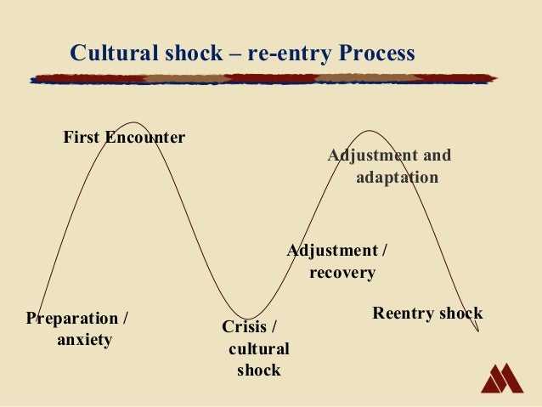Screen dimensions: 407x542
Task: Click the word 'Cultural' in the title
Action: point(110,54)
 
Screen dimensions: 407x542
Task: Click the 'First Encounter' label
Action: point(124,137)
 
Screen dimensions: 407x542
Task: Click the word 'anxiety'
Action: point(84,340)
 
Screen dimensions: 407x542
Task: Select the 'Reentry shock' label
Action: point(427,314)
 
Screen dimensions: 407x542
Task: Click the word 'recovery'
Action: point(342,273)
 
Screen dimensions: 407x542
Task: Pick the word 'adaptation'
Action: point(397,178)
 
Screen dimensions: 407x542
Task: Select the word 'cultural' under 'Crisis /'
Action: point(259,349)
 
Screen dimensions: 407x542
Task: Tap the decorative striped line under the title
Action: point(263,79)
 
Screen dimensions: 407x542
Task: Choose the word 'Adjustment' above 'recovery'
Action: point(331,252)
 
